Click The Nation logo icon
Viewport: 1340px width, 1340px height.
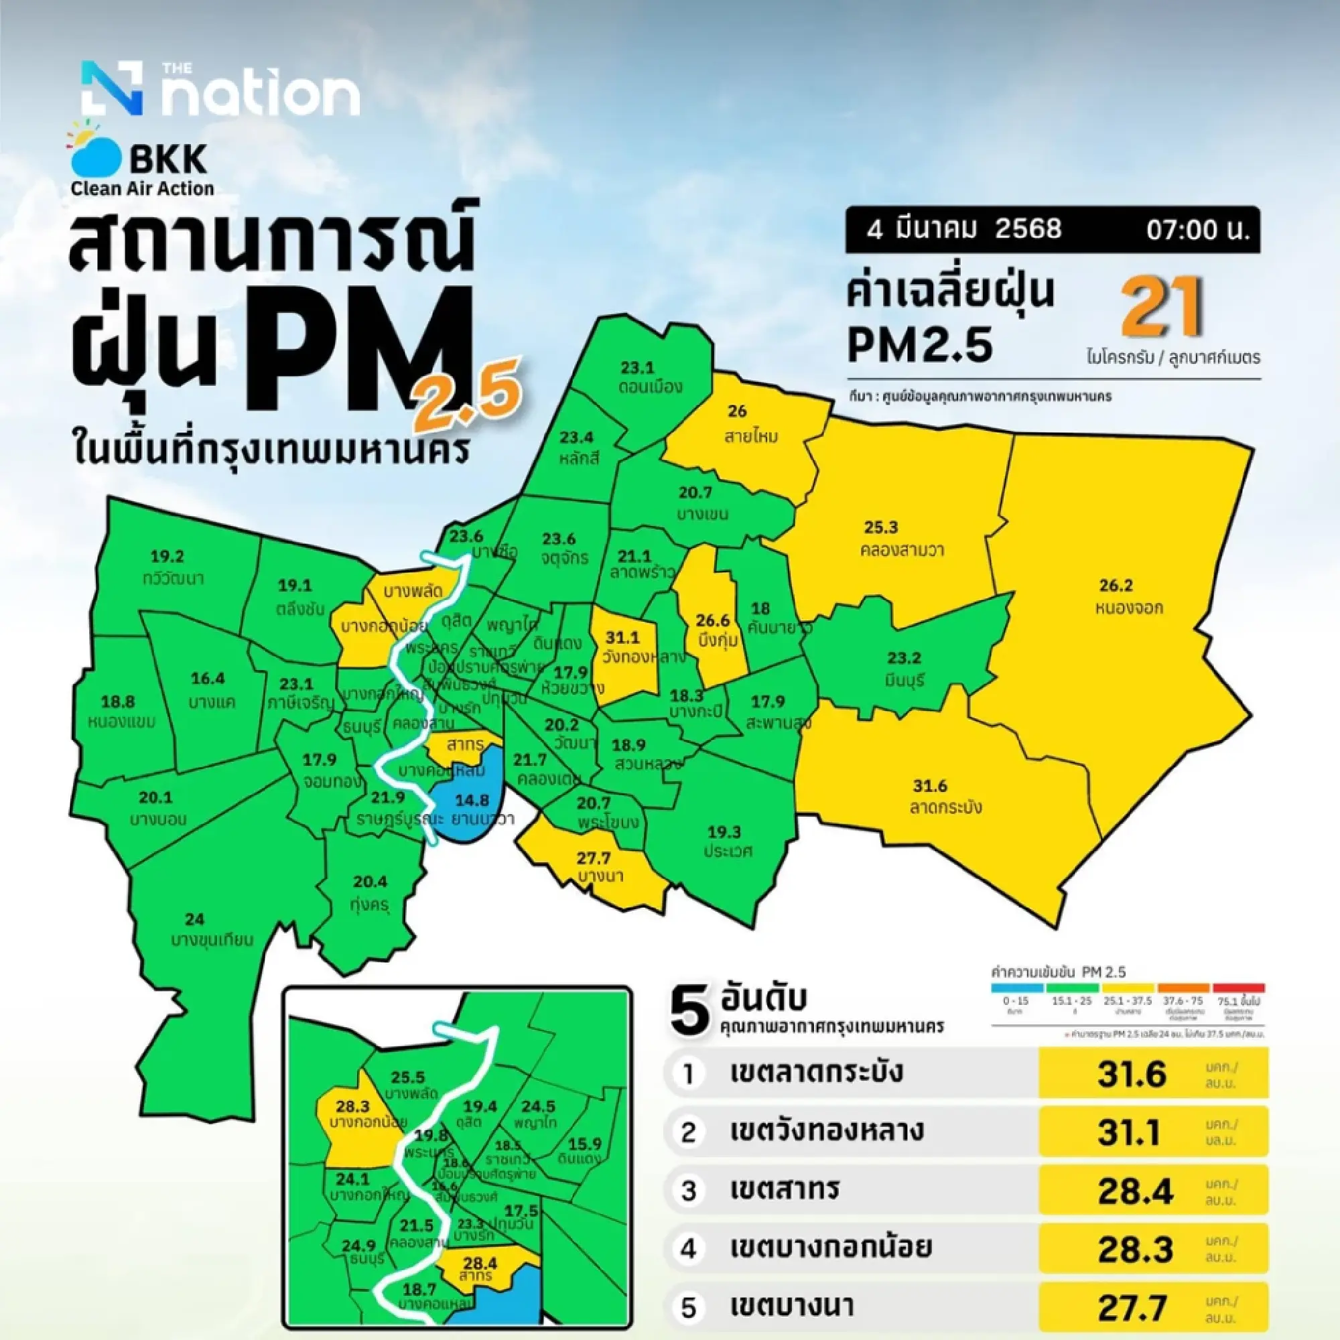tap(112, 88)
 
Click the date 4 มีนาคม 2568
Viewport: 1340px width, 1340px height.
tap(965, 229)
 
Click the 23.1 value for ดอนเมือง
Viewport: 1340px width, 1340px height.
tap(637, 367)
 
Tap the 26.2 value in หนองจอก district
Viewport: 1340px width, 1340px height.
tap(1116, 586)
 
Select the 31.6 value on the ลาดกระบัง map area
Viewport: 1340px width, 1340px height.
tap(930, 787)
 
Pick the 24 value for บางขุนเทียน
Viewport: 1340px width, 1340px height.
tap(195, 920)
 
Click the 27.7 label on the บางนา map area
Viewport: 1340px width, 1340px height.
tap(594, 859)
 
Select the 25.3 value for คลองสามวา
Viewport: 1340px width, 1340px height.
tap(881, 527)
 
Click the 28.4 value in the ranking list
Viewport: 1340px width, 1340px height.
tap(1135, 1191)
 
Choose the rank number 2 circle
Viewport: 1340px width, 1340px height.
tap(688, 1132)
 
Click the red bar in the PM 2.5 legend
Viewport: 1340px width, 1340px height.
tap(1239, 988)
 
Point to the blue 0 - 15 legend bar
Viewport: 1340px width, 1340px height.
tap(1016, 988)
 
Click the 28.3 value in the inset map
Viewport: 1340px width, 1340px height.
tap(352, 1106)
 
